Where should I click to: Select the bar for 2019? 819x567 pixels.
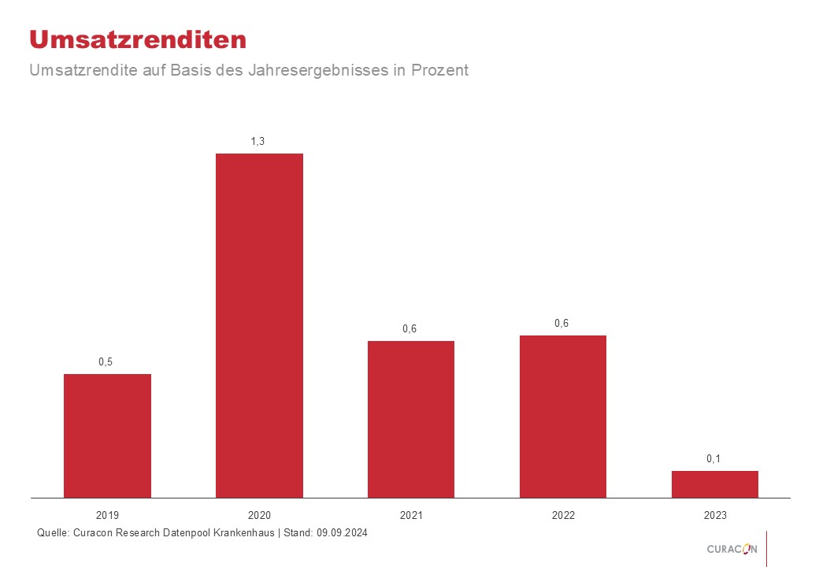107,435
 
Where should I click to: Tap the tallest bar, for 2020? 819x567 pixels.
259,325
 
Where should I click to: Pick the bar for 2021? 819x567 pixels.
411,419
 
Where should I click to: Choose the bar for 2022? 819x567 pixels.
563,417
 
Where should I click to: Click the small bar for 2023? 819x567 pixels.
714,484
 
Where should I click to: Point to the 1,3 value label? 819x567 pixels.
258,141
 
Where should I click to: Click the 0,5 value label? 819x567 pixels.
106,361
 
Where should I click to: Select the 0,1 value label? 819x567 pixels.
713,458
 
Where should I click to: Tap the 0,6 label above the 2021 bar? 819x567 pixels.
409,328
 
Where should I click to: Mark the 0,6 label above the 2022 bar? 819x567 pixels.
561,323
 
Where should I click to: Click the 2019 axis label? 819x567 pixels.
107,516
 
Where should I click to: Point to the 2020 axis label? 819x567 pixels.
259,516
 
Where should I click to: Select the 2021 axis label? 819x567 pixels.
411,516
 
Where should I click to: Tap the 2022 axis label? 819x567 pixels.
563,516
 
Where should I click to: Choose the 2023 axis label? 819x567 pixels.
715,516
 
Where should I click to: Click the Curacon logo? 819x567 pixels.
732,549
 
